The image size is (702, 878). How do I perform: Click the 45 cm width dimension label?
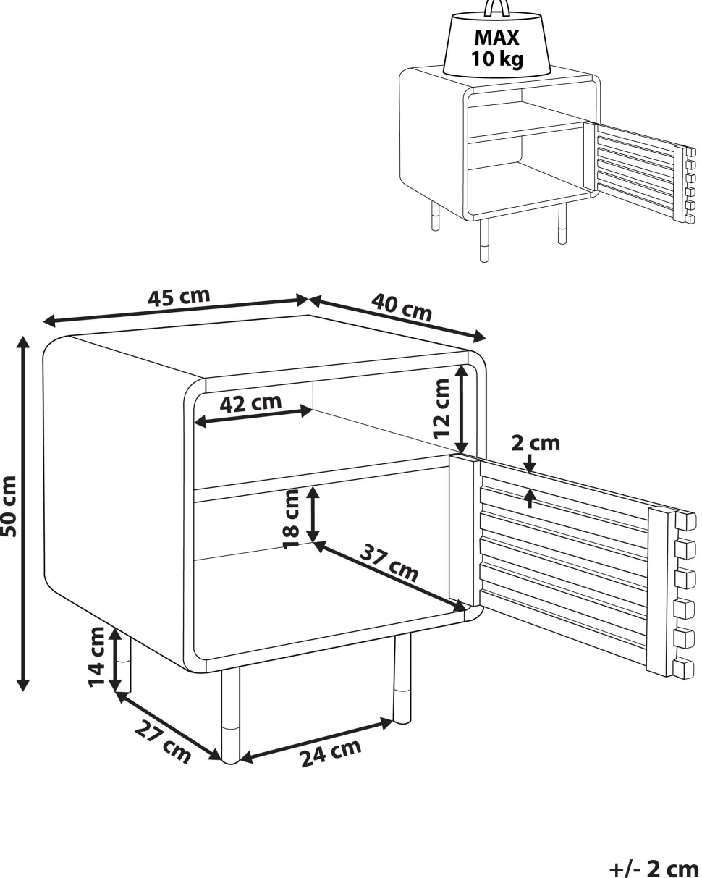click(179, 297)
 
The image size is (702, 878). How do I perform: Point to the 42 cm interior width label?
click(250, 403)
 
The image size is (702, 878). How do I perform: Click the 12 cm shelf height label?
click(441, 408)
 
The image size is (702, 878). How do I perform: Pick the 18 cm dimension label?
click(291, 519)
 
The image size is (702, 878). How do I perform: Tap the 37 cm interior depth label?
click(389, 563)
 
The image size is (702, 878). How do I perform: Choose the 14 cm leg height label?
click(97, 657)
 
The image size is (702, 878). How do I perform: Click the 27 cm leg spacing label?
click(162, 741)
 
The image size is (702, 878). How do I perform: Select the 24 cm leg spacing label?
click(331, 752)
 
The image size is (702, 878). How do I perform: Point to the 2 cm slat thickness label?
click(535, 443)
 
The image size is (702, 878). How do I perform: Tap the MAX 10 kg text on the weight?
click(496, 48)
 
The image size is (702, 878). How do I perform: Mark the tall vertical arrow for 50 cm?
click(23, 513)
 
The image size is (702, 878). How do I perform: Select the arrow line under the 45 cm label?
click(175, 311)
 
